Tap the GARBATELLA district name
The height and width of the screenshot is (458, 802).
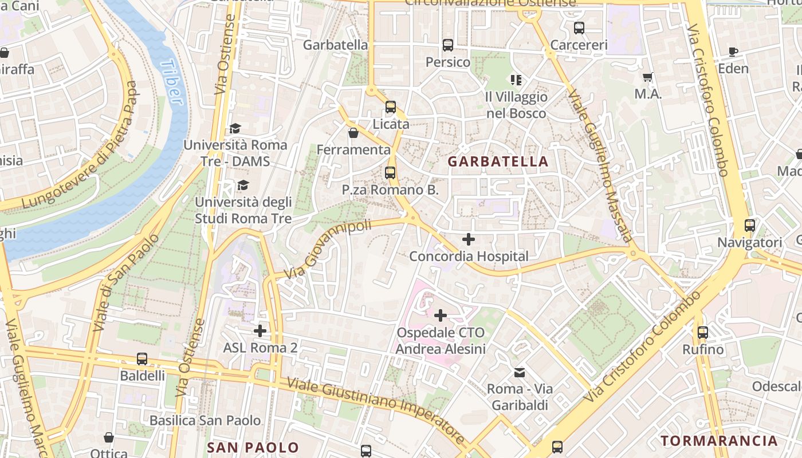pos(498,161)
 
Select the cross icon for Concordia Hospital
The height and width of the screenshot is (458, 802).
pos(469,239)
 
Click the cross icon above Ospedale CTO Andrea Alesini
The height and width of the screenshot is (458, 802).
pos(441,315)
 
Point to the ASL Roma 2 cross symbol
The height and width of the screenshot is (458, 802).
pos(260,330)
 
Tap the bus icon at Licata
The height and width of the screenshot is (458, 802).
pos(391,107)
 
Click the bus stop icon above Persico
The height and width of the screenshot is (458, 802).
pos(448,45)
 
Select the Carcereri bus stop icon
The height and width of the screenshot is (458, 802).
pos(579,27)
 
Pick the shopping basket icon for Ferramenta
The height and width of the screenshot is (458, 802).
pos(353,133)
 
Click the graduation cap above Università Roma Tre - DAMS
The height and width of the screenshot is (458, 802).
pos(235,128)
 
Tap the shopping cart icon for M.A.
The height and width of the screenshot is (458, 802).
pos(648,77)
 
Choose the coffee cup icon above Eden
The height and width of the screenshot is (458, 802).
pos(733,52)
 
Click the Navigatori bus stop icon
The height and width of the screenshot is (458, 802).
pos(749,226)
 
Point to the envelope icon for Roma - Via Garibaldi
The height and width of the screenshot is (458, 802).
pos(520,373)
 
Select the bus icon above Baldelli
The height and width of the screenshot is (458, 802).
pos(142,359)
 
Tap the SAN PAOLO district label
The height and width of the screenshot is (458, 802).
pos(253,447)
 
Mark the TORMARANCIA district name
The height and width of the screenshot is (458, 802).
pos(719,440)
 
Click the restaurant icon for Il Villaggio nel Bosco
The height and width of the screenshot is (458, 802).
pos(516,80)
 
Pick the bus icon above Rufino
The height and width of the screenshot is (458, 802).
pos(703,332)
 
